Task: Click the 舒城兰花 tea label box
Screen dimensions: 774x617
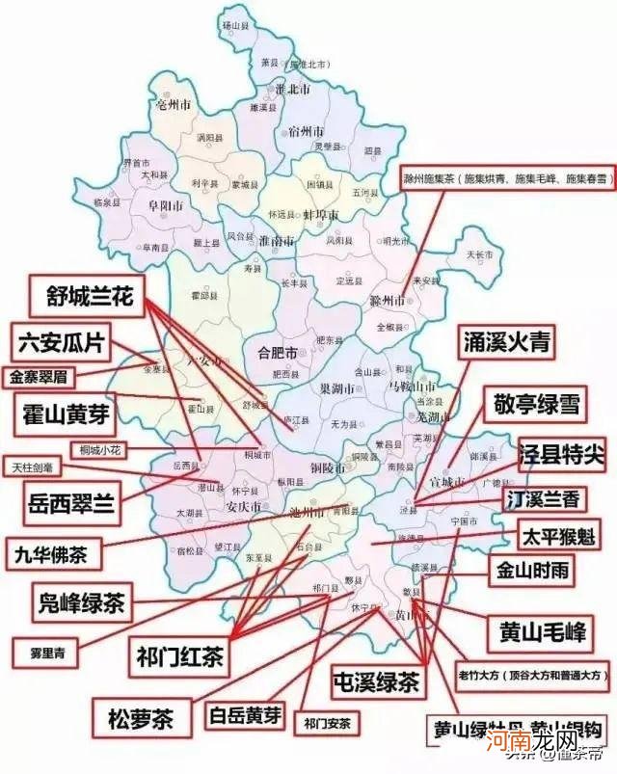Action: point(89,296)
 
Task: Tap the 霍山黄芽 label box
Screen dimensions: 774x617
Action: point(66,415)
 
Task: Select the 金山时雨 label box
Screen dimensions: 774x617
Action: point(532,571)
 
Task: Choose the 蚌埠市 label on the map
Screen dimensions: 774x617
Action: point(321,214)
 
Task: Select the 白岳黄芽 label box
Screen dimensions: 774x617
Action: point(247,715)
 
